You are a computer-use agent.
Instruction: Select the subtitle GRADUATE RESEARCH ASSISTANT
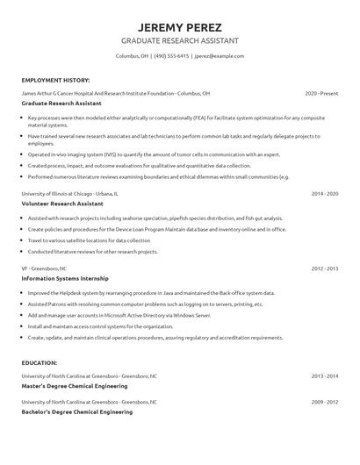179,41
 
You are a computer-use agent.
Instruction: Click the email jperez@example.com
220,55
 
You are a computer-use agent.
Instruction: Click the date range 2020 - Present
321,92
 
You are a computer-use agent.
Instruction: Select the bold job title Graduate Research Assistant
63,103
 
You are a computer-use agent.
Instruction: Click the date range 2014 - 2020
324,192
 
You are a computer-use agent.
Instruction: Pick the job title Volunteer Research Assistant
62,203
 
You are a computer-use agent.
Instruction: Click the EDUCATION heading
40,361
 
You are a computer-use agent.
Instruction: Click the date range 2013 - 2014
324,375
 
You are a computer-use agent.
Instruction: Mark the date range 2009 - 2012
324,400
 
